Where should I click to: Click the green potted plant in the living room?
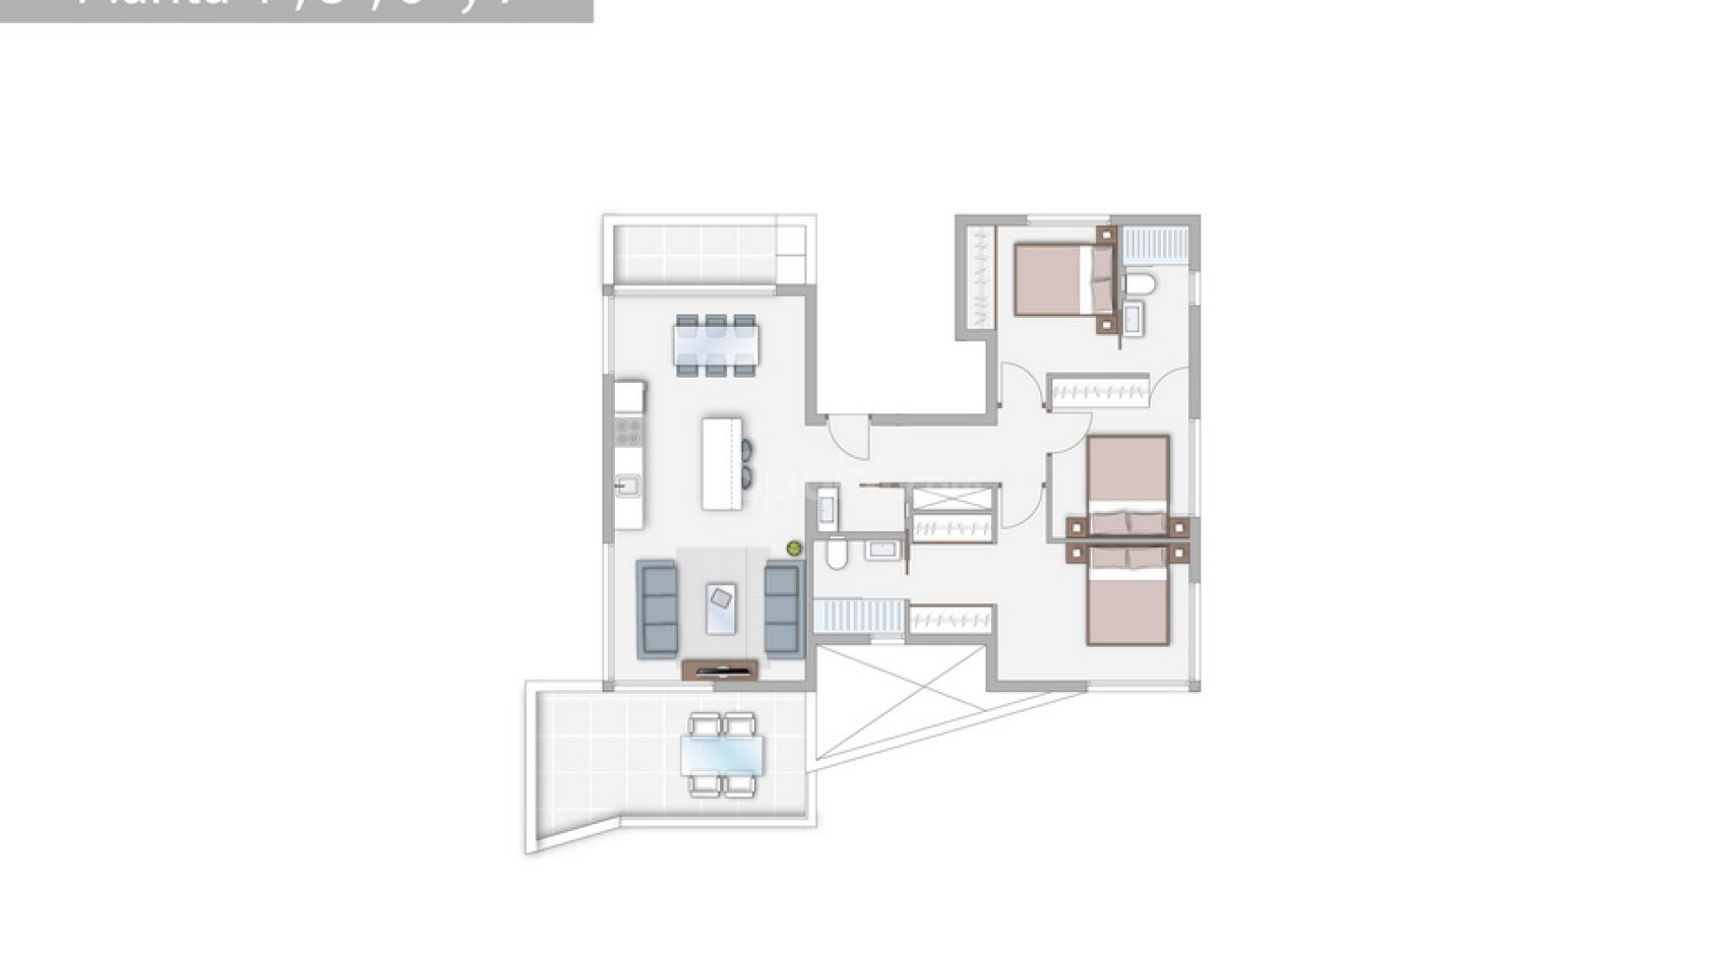point(794,549)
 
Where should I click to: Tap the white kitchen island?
point(721,463)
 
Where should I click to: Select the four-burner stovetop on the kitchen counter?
point(628,432)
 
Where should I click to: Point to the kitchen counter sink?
point(627,486)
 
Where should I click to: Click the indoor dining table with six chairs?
point(716,346)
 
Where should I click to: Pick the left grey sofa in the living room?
point(657,609)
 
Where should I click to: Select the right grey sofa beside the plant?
point(782,609)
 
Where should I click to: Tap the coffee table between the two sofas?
point(721,608)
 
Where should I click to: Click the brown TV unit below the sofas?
point(719,670)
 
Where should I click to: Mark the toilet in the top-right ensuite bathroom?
point(1140,285)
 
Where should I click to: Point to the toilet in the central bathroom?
point(837,552)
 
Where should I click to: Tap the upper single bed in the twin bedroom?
point(1127,481)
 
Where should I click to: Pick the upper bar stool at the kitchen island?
point(747,449)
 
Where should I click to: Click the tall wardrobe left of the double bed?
point(979,276)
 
